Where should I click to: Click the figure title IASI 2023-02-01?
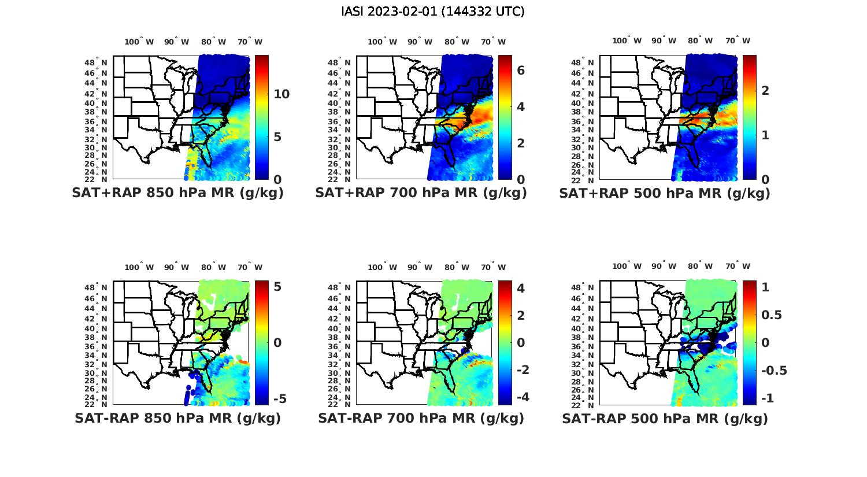(x=433, y=12)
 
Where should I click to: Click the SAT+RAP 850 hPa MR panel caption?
(x=177, y=193)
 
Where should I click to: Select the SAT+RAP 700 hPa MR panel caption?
(x=421, y=193)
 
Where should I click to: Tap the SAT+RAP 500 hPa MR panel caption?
(x=665, y=193)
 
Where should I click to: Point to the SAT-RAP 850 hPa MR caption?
(x=177, y=418)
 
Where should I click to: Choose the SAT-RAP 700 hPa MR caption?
(x=421, y=418)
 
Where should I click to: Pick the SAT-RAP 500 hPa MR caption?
(x=665, y=418)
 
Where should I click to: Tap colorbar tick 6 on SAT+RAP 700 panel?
(x=521, y=70)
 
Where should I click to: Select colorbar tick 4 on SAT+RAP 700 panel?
(x=521, y=106)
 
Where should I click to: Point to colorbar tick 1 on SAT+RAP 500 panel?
(x=765, y=135)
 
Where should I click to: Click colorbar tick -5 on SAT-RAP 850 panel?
(x=279, y=399)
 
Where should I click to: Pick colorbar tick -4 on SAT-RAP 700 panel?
(x=523, y=397)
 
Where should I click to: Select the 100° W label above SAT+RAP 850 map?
(x=139, y=42)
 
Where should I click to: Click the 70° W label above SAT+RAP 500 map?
(x=738, y=40)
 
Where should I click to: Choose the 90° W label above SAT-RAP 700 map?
(x=420, y=267)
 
